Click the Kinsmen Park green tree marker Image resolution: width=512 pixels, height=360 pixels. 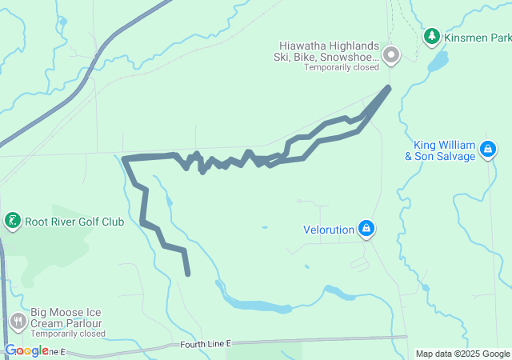click(432, 36)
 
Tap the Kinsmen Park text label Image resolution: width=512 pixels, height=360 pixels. click(478, 38)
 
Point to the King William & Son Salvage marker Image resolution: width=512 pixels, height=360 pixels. click(488, 149)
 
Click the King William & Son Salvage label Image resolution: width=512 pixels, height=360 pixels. click(441, 150)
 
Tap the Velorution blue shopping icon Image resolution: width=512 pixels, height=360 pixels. click(366, 229)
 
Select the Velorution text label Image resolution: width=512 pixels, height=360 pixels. click(328, 230)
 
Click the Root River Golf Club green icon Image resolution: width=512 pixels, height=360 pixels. click(12, 221)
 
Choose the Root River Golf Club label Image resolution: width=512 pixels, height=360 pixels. click(74, 222)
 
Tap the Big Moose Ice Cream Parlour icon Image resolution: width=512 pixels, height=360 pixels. click(18, 322)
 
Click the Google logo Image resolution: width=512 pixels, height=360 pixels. click(27, 350)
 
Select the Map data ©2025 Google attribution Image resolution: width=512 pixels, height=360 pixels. click(462, 354)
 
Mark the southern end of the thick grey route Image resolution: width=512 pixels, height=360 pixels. click(188, 274)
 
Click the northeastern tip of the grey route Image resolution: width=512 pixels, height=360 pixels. click(390, 87)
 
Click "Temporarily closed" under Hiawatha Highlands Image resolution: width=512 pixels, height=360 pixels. click(341, 68)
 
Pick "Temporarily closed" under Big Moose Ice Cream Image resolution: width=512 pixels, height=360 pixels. click(68, 334)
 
